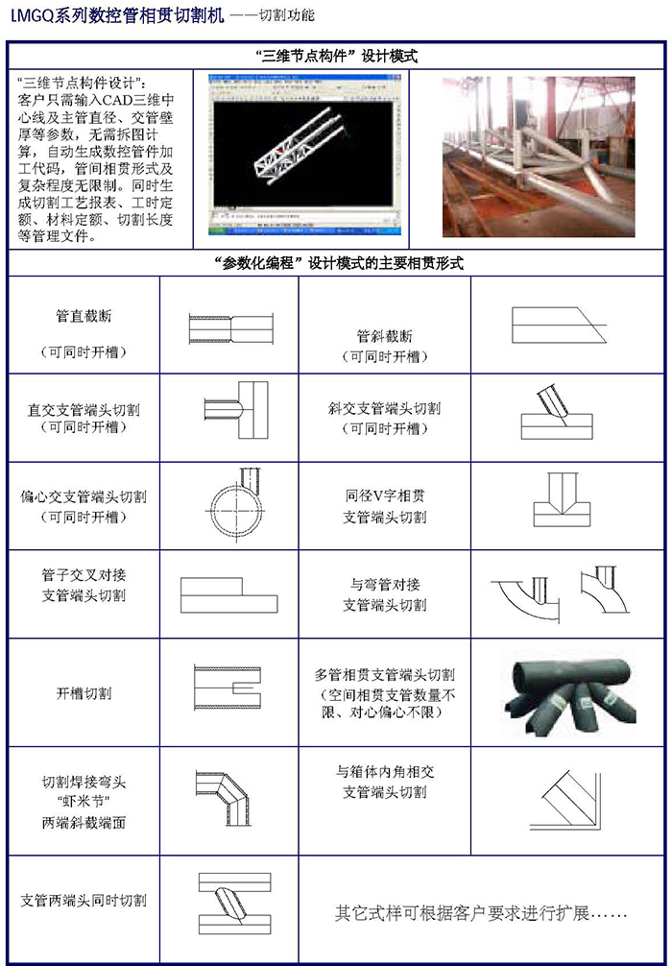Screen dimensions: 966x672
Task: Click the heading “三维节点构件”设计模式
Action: point(338,57)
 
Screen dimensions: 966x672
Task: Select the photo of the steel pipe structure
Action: point(538,155)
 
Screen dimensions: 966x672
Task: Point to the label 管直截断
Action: point(84,315)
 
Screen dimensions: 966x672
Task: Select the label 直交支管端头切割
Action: point(84,409)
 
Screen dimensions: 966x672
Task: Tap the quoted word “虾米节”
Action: point(84,802)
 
